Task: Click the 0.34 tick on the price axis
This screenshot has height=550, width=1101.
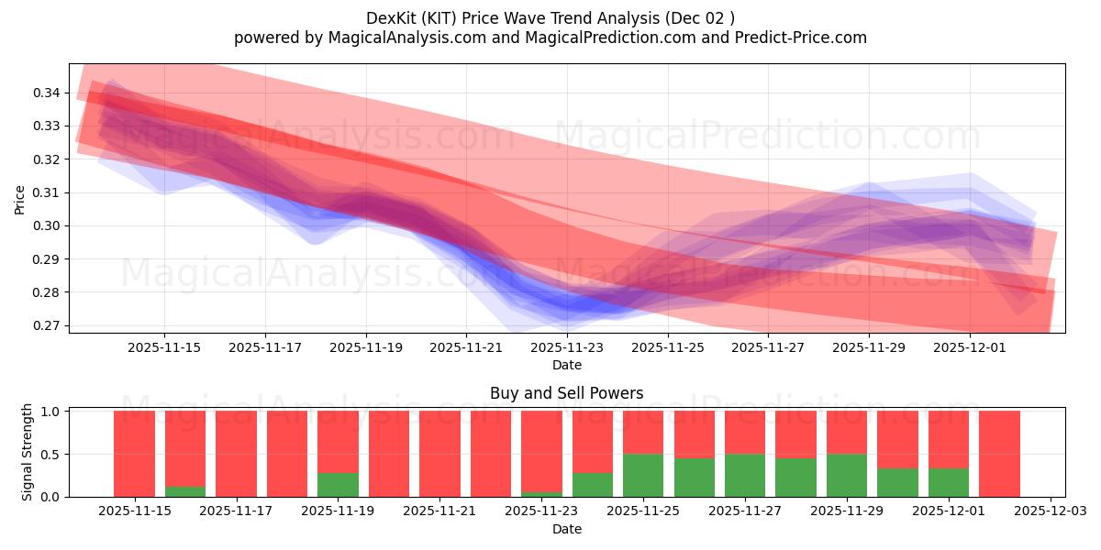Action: [x=48, y=93]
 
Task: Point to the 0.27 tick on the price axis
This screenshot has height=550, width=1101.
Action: [x=48, y=325]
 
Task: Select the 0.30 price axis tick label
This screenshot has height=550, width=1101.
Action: [x=48, y=225]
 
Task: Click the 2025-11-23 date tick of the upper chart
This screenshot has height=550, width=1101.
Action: [x=567, y=347]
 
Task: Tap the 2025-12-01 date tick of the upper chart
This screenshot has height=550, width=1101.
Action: [x=970, y=347]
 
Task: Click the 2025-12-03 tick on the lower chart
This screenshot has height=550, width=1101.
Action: [x=1047, y=511]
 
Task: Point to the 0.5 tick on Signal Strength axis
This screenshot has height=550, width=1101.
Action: [x=51, y=455]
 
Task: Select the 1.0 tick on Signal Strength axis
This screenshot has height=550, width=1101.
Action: [x=51, y=412]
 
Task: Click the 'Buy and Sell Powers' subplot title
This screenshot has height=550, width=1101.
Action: [x=566, y=393]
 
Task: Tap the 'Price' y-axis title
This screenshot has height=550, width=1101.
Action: [x=20, y=198]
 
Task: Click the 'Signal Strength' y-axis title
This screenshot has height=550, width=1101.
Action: [x=28, y=452]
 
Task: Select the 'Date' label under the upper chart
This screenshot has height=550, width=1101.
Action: [x=566, y=365]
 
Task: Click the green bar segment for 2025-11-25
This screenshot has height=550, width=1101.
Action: [x=643, y=475]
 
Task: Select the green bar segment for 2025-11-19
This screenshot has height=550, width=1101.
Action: [x=338, y=484]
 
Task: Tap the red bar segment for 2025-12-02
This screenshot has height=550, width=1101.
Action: [x=999, y=454]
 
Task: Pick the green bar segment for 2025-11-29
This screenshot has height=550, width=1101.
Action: [x=847, y=475]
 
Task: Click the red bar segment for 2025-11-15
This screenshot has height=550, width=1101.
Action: [x=134, y=454]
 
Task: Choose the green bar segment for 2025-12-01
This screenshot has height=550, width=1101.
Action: [x=949, y=482]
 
